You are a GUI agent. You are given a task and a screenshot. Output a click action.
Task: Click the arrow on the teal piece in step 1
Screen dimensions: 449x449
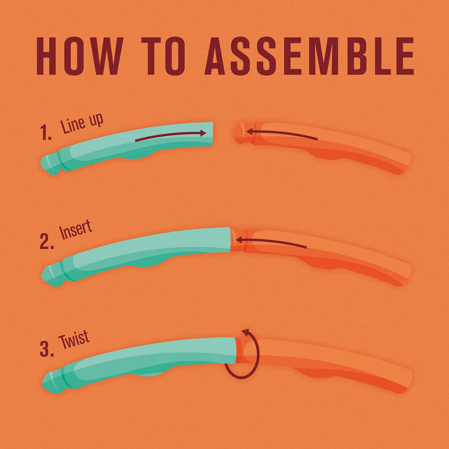(x=171, y=136)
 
